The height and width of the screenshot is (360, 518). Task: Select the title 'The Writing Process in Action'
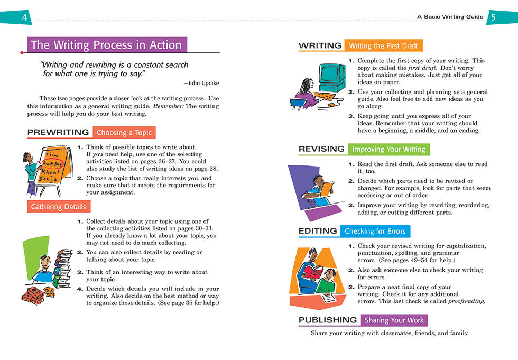pos(106,45)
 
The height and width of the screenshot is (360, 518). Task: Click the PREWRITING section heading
pos(58,132)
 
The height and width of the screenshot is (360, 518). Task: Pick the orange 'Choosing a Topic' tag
pos(124,133)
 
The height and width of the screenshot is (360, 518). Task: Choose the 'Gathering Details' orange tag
pos(58,207)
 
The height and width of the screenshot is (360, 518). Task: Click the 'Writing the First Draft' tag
pos(383,46)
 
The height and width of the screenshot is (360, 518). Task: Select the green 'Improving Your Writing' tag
pos(388,150)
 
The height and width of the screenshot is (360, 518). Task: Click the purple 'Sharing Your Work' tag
pos(394,320)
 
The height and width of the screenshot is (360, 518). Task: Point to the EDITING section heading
pos(318,231)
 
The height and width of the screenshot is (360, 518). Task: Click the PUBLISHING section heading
pos(328,320)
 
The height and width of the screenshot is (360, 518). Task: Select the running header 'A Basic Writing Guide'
pos(450,17)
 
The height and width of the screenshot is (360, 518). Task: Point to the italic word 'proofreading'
pos(466,301)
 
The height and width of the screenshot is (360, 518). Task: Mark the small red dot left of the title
pos(21,53)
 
